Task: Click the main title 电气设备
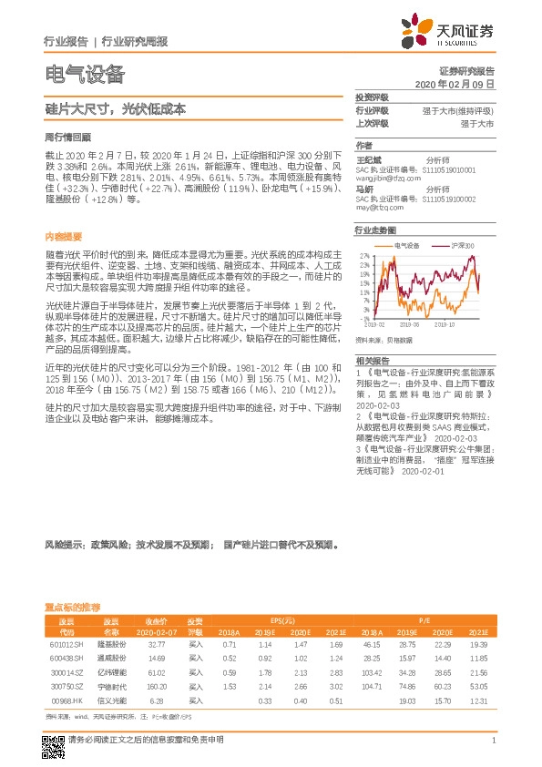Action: [x=84, y=74]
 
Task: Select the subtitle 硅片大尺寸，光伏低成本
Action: [x=115, y=107]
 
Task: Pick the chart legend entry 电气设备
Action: [x=406, y=246]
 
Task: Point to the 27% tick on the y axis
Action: [x=363, y=256]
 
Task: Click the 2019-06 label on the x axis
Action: [x=410, y=323]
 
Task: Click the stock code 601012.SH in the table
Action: [x=66, y=643]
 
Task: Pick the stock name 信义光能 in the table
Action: [x=110, y=701]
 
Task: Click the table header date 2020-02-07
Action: [x=156, y=630]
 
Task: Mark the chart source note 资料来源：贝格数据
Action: [x=383, y=340]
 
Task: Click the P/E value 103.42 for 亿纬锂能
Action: [x=371, y=672]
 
